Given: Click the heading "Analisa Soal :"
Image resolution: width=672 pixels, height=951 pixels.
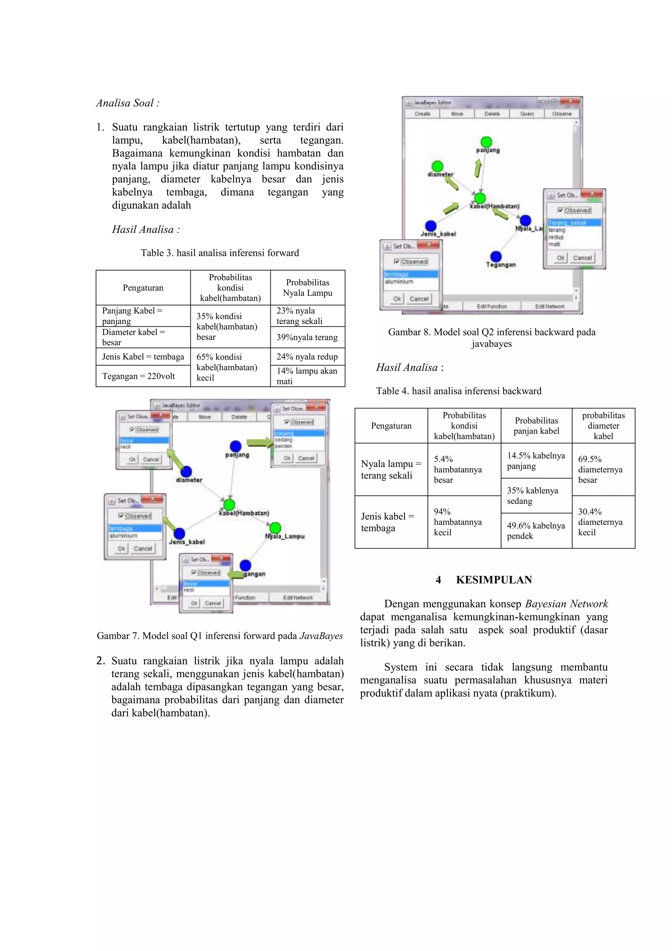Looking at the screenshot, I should (128, 103).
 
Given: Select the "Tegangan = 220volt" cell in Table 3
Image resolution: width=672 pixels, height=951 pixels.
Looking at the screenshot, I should (139, 376).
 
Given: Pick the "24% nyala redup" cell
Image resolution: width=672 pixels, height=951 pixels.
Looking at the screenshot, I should (307, 357).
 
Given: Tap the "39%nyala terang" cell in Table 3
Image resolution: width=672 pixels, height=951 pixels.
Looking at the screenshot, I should (307, 337).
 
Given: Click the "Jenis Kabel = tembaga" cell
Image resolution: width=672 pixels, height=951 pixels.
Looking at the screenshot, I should (143, 357).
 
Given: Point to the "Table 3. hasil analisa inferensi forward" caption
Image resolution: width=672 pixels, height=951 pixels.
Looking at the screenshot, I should (220, 253).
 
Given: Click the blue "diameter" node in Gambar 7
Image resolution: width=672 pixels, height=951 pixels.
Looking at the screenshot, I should (186, 471).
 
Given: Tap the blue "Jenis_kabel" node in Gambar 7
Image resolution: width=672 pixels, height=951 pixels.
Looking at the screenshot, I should (179, 533).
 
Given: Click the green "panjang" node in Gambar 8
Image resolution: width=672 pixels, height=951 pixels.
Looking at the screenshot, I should (487, 142).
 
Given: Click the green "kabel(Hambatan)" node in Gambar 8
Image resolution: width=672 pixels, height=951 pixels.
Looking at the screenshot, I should (480, 198).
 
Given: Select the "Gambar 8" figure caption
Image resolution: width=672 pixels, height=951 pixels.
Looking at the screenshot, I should (492, 337).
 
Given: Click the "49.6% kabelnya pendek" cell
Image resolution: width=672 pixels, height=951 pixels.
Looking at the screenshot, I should (536, 530).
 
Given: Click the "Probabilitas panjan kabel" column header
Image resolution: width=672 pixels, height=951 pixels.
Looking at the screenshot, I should (536, 426).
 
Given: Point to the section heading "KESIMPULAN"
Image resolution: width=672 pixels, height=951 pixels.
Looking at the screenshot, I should (493, 580).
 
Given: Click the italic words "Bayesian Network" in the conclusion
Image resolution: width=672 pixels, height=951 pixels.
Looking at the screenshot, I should (566, 604).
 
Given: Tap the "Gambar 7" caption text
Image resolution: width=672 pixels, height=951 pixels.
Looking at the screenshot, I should (220, 636).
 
